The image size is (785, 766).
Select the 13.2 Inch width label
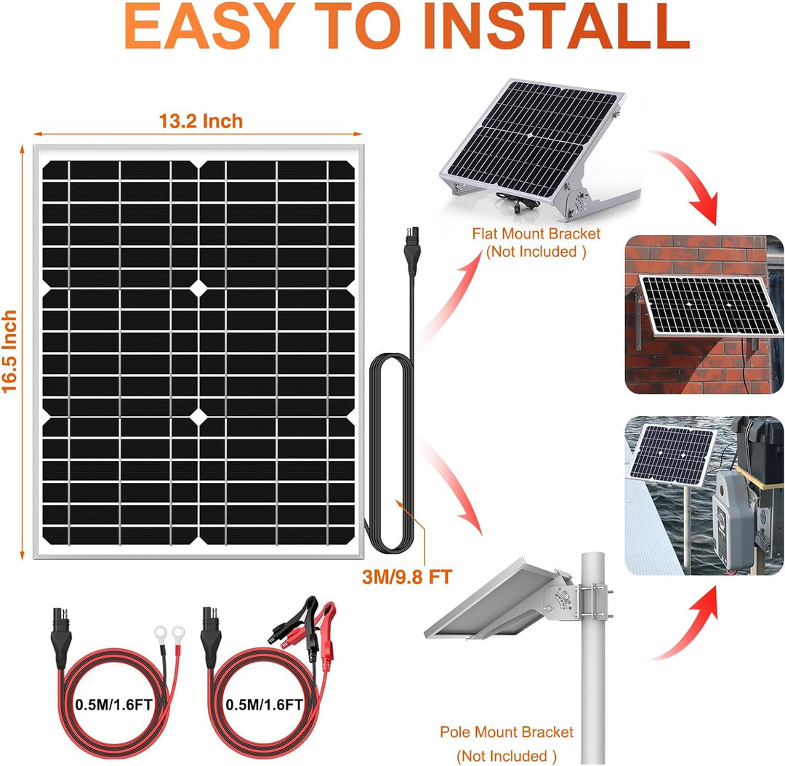[201, 121]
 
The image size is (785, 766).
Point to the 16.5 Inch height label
[10, 352]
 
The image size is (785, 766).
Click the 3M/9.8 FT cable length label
[407, 577]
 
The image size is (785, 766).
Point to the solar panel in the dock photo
[672, 452]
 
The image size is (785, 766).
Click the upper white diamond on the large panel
[198, 289]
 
